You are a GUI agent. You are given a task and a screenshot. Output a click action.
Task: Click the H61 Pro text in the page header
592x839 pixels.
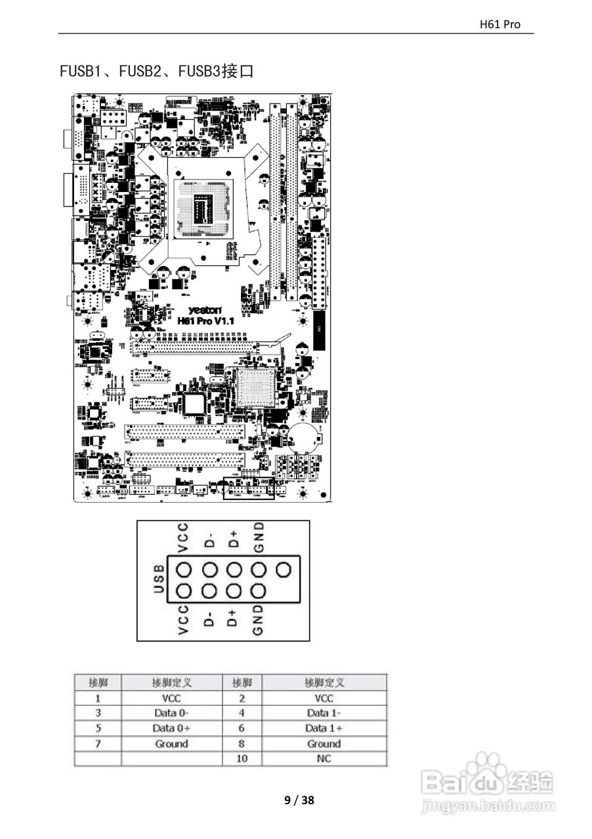pyautogui.click(x=500, y=24)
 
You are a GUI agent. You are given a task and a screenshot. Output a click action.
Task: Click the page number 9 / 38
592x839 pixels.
pyautogui.click(x=299, y=800)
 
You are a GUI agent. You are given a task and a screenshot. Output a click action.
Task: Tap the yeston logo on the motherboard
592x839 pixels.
pyautogui.click(x=205, y=309)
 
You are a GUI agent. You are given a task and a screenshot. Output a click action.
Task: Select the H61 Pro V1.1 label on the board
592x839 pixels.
pyautogui.click(x=205, y=321)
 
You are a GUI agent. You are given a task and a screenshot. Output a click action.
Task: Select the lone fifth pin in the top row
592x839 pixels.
pyautogui.click(x=284, y=570)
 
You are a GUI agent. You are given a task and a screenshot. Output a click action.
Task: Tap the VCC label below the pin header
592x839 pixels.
pyautogui.click(x=183, y=620)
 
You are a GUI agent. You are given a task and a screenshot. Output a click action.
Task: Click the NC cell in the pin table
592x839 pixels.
pyautogui.click(x=324, y=758)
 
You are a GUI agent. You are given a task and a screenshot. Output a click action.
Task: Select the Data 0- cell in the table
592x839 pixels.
pyautogui.click(x=171, y=712)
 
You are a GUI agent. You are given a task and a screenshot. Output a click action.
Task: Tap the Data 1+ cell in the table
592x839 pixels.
pyautogui.click(x=324, y=728)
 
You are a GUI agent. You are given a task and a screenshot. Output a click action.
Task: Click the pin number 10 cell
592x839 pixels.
pyautogui.click(x=242, y=758)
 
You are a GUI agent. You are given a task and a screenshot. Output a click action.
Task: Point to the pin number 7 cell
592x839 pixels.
pyautogui.click(x=98, y=743)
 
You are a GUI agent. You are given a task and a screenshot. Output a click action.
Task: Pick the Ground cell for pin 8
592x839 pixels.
pyautogui.click(x=324, y=743)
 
